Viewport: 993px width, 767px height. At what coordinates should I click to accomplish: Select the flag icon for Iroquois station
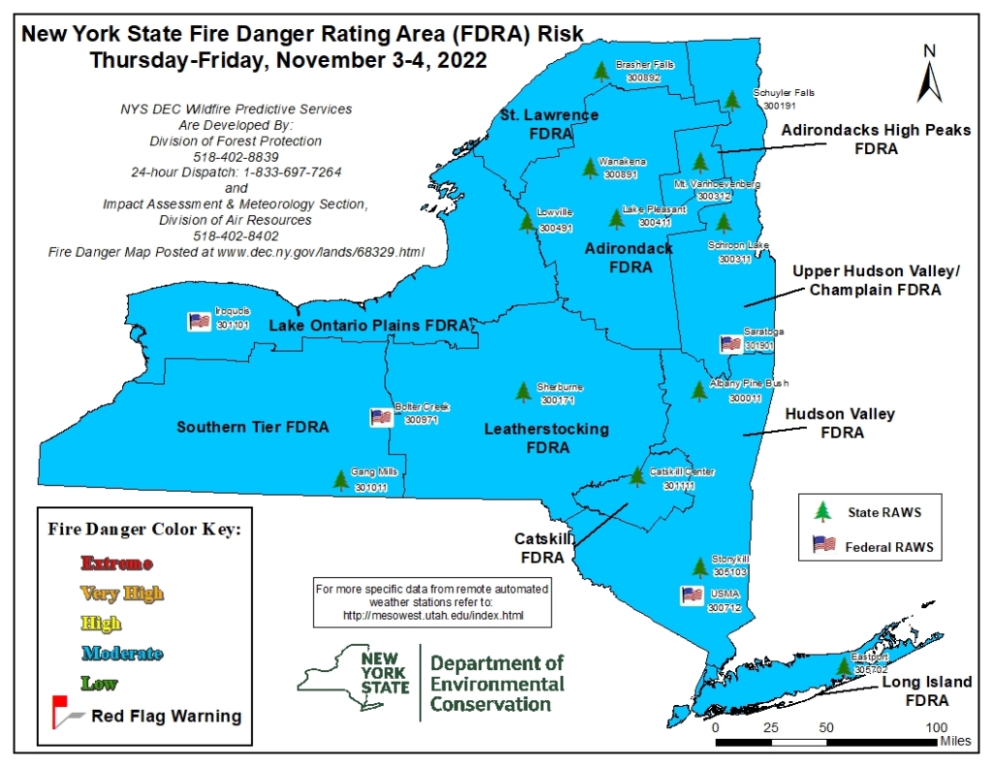point(200,320)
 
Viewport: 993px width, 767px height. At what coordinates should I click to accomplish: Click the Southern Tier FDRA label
point(252,427)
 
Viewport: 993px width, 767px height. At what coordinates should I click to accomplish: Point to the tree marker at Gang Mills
point(340,479)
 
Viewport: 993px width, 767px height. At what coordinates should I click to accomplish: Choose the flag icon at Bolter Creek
point(381,417)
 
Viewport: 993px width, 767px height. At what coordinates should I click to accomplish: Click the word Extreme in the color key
point(116,563)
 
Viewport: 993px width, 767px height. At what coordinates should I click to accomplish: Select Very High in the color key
point(122,593)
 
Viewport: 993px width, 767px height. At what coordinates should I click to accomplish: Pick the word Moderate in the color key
point(122,654)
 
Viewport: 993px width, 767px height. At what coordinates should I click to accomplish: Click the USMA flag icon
point(691,594)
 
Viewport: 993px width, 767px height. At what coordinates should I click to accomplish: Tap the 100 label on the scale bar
point(936,727)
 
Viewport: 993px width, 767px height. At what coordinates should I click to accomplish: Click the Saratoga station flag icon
point(730,343)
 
